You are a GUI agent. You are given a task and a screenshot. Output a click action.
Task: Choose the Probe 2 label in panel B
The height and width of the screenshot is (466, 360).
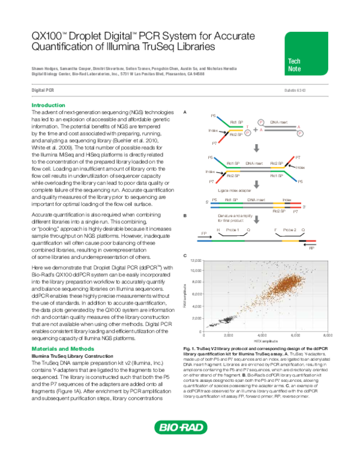tap(290, 229)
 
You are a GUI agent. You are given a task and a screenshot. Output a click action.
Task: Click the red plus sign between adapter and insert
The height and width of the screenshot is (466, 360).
tap(256, 129)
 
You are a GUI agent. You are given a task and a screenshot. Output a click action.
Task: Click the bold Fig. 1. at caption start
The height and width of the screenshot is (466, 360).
tap(188, 348)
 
